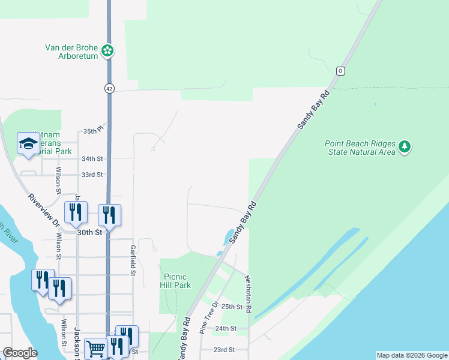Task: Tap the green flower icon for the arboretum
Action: pos(107,50)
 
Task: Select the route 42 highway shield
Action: pos(109,88)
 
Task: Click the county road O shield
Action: pos(340,70)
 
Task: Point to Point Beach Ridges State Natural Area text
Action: pos(360,148)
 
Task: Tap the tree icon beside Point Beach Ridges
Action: pos(405,147)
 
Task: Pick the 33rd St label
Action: pos(92,175)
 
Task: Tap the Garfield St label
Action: pos(132,260)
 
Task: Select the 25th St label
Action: pos(231,307)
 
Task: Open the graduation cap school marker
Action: pos(28,144)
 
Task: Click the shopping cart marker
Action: pos(95,348)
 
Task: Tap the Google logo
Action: pos(19,353)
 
